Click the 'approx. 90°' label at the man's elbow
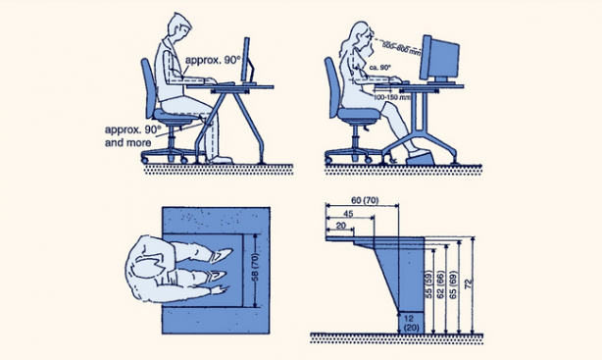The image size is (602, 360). (209, 61)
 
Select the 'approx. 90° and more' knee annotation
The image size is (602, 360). (130, 135)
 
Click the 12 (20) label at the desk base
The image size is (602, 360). (412, 321)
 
